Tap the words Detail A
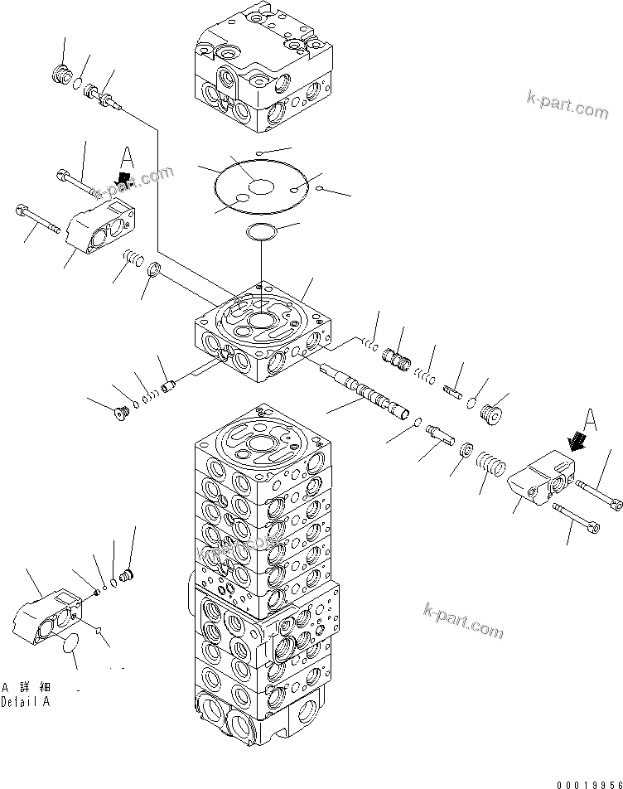[26, 701]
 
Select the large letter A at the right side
[589, 420]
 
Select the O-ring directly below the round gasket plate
[262, 231]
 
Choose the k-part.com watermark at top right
[567, 105]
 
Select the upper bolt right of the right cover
[596, 494]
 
